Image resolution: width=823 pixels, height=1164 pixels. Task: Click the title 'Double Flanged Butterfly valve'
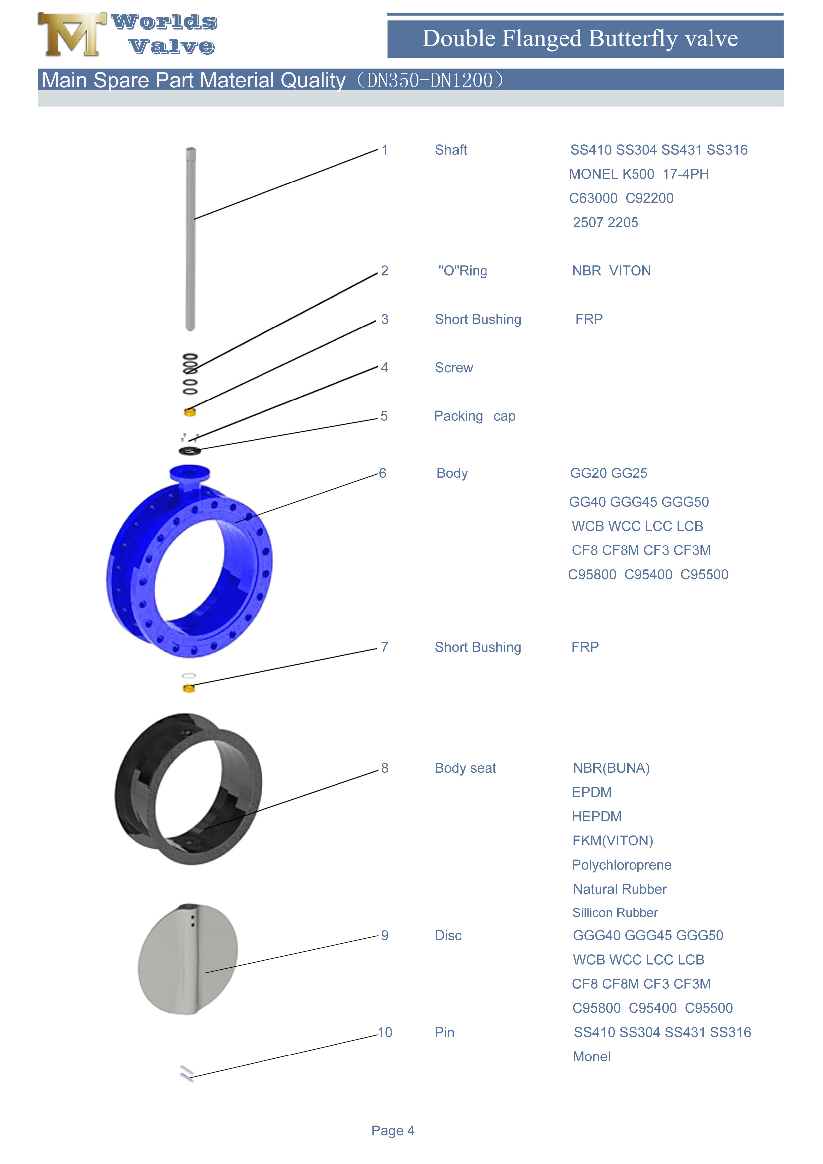coord(580,38)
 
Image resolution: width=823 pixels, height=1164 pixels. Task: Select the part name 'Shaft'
coord(450,150)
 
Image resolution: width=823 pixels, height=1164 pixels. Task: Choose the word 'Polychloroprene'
coord(621,865)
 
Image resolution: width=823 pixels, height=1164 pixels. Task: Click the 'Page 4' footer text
coord(393,1130)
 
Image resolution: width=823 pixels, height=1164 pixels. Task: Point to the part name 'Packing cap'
coord(474,416)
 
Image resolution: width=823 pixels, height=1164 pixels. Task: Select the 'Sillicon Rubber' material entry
coord(615,912)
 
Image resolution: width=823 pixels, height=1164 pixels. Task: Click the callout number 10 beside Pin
coord(385,1032)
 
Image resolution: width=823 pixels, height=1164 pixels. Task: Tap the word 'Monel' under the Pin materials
coord(591,1056)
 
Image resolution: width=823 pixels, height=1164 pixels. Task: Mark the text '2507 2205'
coord(605,223)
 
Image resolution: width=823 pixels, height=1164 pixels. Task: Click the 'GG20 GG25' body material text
coord(609,473)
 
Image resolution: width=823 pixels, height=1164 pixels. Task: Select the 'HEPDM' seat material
coord(596,816)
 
